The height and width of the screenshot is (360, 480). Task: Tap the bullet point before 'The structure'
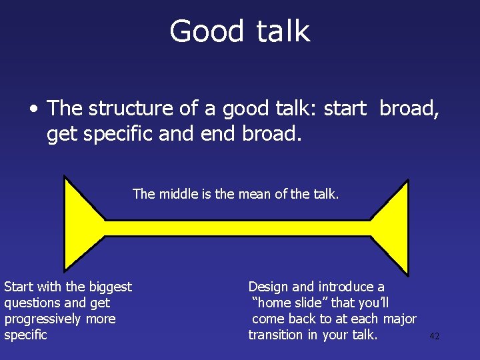coord(33,108)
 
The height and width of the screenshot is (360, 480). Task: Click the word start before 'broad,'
coord(345,107)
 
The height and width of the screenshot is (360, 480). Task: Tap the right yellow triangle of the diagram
coord(393,228)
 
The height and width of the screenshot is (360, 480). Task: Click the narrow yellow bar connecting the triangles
coord(237,228)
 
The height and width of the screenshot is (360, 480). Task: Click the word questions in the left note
coord(31,303)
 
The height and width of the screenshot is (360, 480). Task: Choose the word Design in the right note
coord(268,287)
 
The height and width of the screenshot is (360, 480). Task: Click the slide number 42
coord(434,337)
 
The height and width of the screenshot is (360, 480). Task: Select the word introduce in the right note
coord(345,287)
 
